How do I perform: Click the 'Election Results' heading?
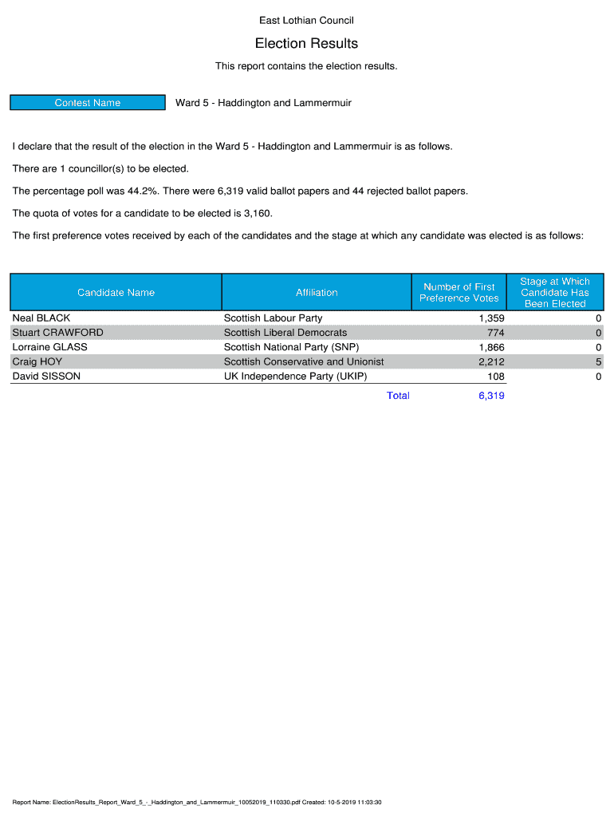point(306,43)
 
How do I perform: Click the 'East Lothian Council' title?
point(306,20)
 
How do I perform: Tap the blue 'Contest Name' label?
point(88,103)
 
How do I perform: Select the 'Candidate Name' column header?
point(116,293)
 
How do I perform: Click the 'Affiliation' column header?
point(317,293)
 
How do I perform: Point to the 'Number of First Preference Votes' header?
point(459,293)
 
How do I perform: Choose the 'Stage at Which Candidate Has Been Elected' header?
point(554,293)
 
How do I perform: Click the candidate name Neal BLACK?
point(41,318)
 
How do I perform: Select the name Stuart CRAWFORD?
point(57,333)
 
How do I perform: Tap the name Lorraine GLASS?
point(49,347)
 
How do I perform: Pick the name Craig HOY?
point(37,361)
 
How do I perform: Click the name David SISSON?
point(46,376)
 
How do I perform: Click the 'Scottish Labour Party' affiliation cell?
point(273,318)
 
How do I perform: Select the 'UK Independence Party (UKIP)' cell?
point(295,376)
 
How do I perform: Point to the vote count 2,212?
point(491,361)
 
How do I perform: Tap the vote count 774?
point(495,333)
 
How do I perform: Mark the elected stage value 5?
point(598,361)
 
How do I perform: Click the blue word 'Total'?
point(398,396)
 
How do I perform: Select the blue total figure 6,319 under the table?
point(491,396)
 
